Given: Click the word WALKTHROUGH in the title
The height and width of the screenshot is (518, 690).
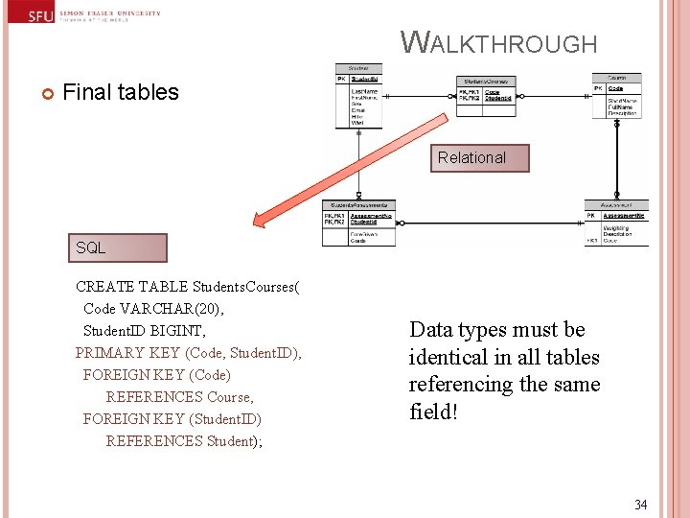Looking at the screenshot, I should coord(498,42).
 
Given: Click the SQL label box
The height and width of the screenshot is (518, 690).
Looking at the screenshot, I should coord(117,247).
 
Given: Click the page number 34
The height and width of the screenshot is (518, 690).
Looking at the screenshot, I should coord(640,504).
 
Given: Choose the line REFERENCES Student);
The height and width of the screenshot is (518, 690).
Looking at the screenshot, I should coord(184,441).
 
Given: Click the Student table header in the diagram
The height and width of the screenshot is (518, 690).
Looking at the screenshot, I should coord(358,68).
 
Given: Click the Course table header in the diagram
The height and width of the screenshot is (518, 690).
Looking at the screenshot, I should coord(616,78).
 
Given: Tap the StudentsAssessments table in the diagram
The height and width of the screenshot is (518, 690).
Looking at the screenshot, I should coord(358,222).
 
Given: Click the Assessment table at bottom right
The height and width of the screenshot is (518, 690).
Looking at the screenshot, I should coord(616,223).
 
